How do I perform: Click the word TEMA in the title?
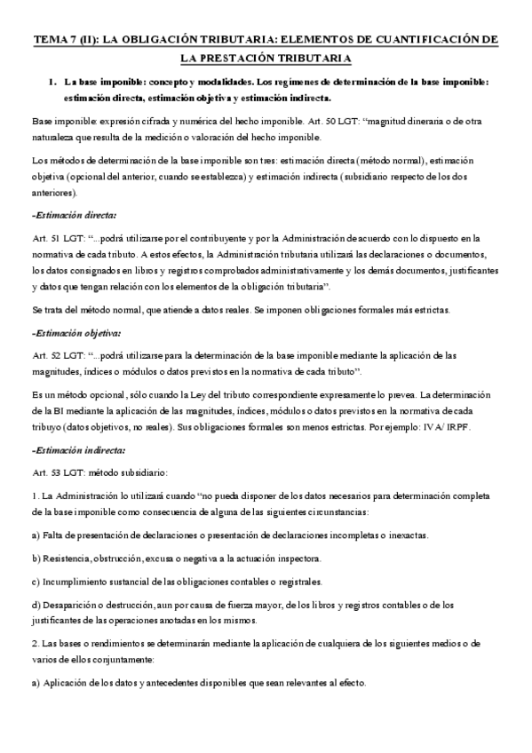(50, 41)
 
